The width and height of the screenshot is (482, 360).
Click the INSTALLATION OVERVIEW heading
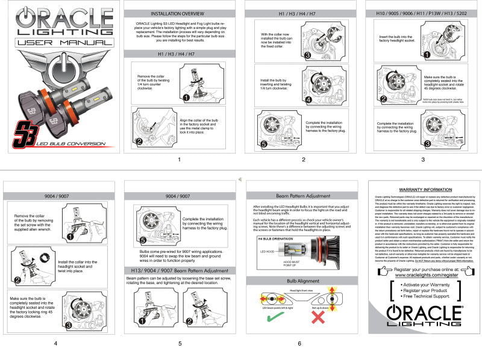179,13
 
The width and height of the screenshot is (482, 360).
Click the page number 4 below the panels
55,343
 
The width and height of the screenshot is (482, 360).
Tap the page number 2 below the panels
303,160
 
